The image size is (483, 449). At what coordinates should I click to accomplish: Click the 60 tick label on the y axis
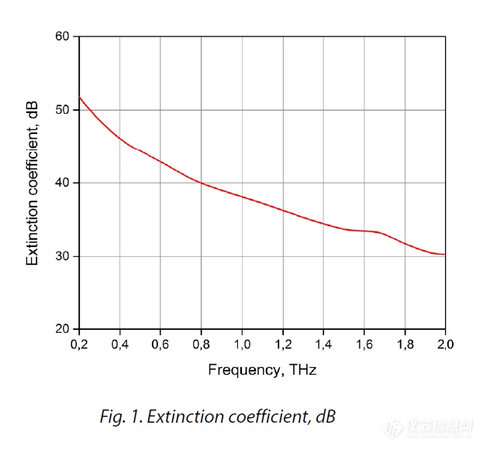(x=62, y=36)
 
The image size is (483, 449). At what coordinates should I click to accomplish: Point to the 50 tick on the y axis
(x=62, y=110)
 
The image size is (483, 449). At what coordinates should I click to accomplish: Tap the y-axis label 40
(x=62, y=183)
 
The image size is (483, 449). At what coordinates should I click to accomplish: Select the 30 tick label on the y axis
(x=62, y=256)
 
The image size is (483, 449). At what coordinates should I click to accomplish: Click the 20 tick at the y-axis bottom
(x=62, y=329)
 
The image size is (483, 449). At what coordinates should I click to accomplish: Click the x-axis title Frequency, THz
(x=262, y=370)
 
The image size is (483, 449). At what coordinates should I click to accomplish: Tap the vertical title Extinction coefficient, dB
(x=33, y=183)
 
